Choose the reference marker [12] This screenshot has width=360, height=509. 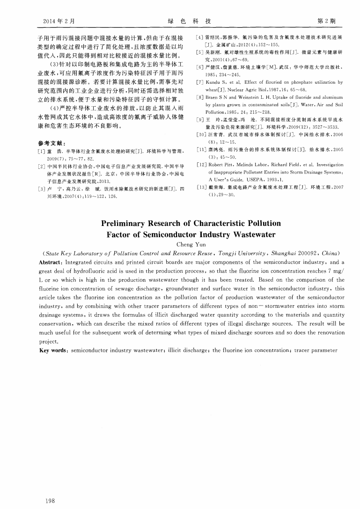tap(200, 165)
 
